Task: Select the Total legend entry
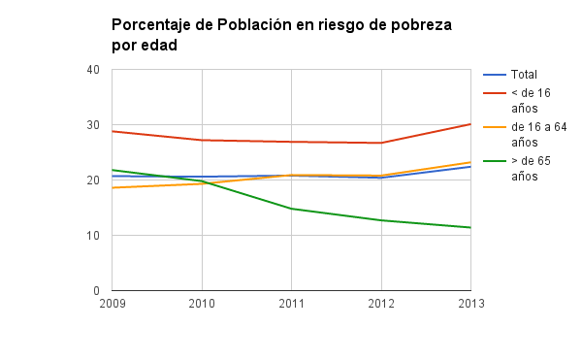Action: (524, 74)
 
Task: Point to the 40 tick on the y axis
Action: (93, 70)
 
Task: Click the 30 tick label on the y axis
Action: (93, 125)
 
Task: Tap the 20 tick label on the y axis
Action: (93, 180)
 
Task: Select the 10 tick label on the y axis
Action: (93, 236)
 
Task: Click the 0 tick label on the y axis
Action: (96, 291)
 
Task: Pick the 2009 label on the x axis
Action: (112, 303)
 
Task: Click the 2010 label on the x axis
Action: (202, 303)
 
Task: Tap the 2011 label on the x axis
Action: (291, 303)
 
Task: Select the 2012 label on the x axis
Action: (381, 303)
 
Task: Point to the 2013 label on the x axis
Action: (470, 303)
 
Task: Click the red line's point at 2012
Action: (381, 143)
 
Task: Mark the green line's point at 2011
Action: (291, 209)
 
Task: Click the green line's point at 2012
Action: (381, 220)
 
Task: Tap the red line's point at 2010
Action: (202, 140)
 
